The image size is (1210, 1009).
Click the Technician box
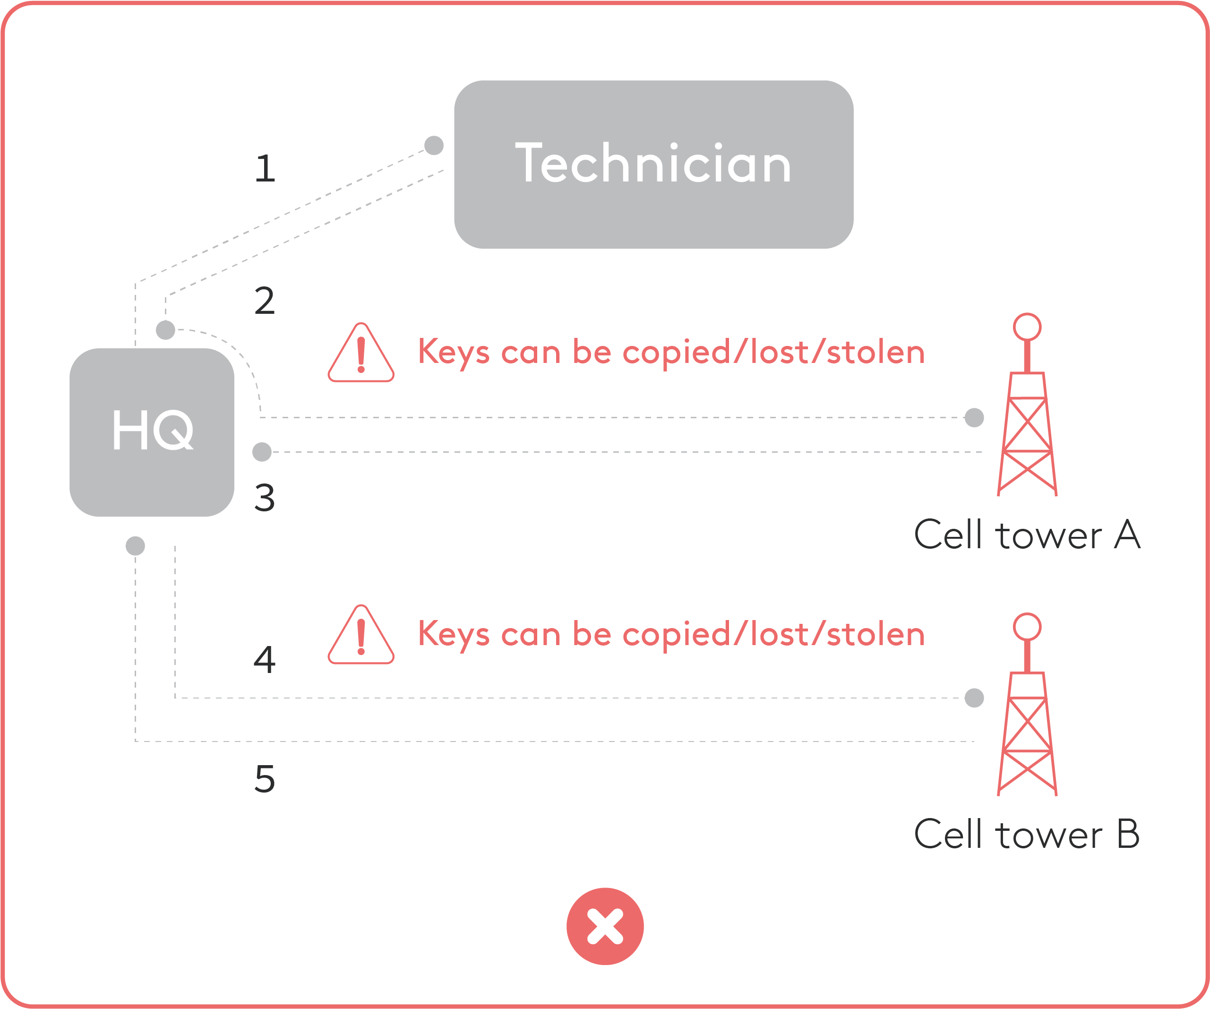[x=653, y=164]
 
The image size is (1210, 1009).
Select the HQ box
[x=152, y=432]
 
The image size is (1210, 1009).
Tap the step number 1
[x=265, y=168]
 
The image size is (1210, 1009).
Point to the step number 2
[x=265, y=301]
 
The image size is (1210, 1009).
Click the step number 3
[x=265, y=497]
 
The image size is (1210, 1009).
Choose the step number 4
[x=265, y=660]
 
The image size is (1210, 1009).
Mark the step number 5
[x=265, y=779]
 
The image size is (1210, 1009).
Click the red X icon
[x=605, y=927]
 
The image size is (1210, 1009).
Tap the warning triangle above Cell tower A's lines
[x=361, y=353]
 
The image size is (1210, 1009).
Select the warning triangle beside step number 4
[x=361, y=634]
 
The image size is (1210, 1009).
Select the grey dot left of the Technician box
[x=434, y=145]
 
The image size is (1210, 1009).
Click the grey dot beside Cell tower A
[x=974, y=418]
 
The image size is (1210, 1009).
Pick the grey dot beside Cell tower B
[x=974, y=698]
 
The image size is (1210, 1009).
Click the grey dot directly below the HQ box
[x=136, y=546]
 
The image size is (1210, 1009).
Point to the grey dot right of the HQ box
[x=262, y=452]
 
